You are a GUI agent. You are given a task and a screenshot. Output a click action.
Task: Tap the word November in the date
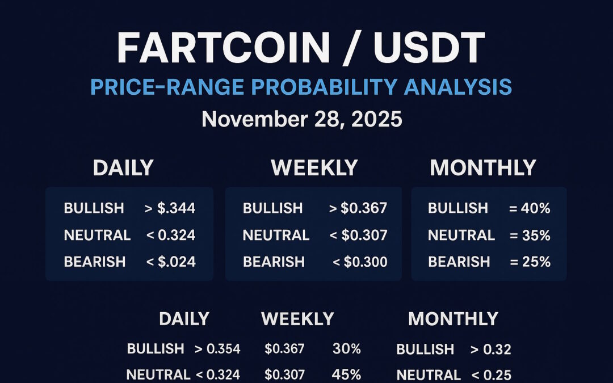point(254,120)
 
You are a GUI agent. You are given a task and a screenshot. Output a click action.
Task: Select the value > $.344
point(170,208)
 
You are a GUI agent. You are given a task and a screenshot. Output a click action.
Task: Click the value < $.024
point(170,262)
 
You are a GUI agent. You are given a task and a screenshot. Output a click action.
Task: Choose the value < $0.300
point(360,262)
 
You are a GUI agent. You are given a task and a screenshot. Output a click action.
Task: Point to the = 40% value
point(530,208)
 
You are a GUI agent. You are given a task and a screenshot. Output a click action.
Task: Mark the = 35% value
point(530,235)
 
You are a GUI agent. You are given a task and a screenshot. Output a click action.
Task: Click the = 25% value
point(530,262)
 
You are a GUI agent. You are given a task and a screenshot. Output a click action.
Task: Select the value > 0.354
point(217,348)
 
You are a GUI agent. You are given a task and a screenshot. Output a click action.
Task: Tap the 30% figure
point(347,348)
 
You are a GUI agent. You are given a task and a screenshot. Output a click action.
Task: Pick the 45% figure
point(347,374)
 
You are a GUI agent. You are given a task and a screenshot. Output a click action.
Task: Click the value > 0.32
point(490,349)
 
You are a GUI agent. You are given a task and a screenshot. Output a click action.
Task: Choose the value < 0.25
point(490,374)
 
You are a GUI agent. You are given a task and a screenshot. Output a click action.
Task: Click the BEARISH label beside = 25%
point(459,262)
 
